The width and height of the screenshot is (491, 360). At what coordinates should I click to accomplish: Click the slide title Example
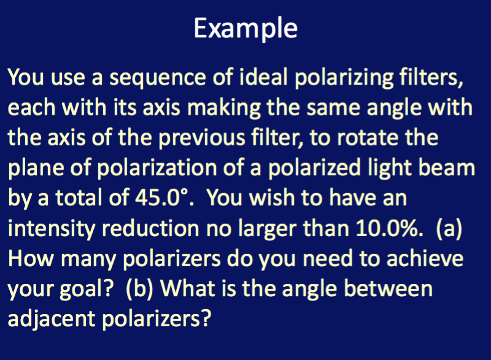click(x=245, y=28)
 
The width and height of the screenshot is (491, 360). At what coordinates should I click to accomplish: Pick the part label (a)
click(x=449, y=228)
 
